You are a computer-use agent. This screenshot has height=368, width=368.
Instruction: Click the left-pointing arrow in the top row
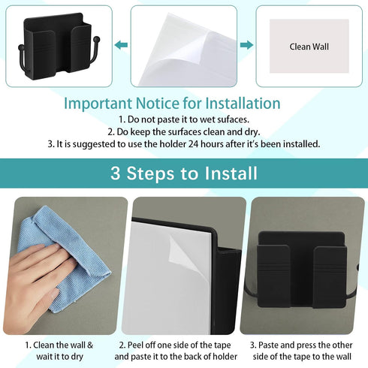tap(121, 46)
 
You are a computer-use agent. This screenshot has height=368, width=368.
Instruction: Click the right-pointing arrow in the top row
tap(246, 46)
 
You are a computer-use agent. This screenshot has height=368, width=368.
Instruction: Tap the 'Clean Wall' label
tap(309, 47)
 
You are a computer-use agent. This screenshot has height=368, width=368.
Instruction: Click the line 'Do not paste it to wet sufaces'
tap(182, 119)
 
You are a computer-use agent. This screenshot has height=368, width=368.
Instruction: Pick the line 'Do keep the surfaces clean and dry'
tap(183, 131)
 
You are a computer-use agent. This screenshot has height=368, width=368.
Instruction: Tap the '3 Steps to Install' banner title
tap(184, 174)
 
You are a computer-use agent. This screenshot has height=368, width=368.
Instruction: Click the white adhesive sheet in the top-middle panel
tap(180, 45)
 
